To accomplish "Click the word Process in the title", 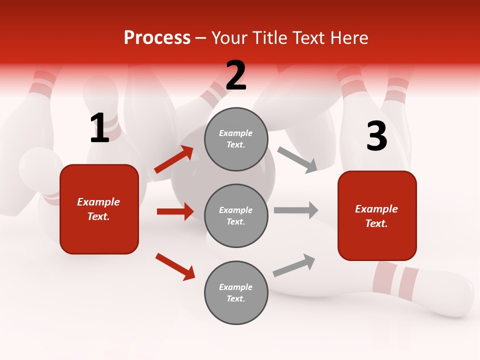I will pyautogui.click(x=157, y=37).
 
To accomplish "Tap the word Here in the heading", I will pyautogui.click(x=345, y=37).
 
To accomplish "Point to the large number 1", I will pyautogui.click(x=99, y=128).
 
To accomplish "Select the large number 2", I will pyautogui.click(x=236, y=75).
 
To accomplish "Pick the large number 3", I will pyautogui.click(x=376, y=136).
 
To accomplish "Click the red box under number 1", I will pyautogui.click(x=99, y=209).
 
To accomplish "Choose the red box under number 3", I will pyautogui.click(x=377, y=216).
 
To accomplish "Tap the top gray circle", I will pyautogui.click(x=236, y=139).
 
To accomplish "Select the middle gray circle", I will pyautogui.click(x=236, y=215).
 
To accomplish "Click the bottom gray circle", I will pyautogui.click(x=236, y=292).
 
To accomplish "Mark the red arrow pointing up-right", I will pyautogui.click(x=174, y=159).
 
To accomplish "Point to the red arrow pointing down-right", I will pyautogui.click(x=175, y=266).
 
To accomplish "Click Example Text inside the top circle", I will pyautogui.click(x=236, y=139).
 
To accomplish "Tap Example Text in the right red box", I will pyautogui.click(x=377, y=216).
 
